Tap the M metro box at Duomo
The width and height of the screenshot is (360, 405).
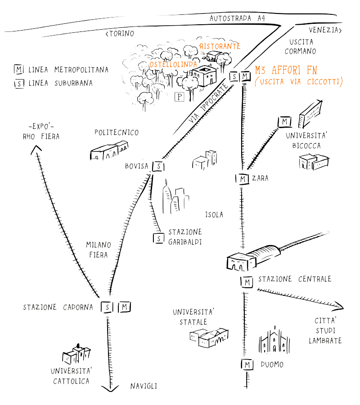click(x=247, y=364)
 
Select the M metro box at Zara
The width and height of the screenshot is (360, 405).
click(x=242, y=179)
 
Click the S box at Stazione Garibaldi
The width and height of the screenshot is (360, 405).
click(x=158, y=238)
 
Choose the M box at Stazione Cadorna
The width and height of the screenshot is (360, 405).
click(x=125, y=307)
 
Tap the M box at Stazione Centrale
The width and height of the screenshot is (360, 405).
click(x=247, y=282)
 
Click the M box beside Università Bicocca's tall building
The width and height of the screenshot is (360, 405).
click(x=284, y=121)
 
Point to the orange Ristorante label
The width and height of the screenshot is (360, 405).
click(x=220, y=46)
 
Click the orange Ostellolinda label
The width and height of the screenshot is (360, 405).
click(x=173, y=65)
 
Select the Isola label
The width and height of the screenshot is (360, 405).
click(x=214, y=215)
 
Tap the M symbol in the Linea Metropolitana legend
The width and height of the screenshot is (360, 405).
click(x=19, y=70)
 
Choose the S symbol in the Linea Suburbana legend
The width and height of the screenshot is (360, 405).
click(x=19, y=83)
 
